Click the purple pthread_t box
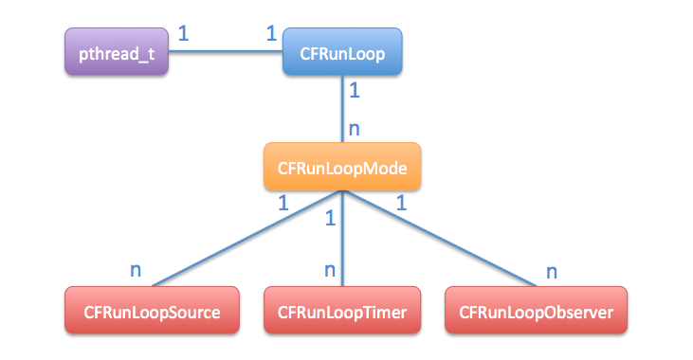(x=117, y=52)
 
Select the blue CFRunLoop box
(x=342, y=53)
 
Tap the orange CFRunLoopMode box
(x=342, y=168)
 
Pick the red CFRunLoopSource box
(x=152, y=311)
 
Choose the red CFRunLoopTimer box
(x=342, y=311)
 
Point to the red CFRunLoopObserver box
(x=536, y=311)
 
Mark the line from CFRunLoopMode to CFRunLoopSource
(x=246, y=237)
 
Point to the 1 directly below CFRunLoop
(x=355, y=92)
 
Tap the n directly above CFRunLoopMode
(x=355, y=128)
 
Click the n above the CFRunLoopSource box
(x=136, y=269)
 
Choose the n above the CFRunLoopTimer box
(x=330, y=269)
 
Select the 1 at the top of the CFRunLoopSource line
(x=283, y=203)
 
